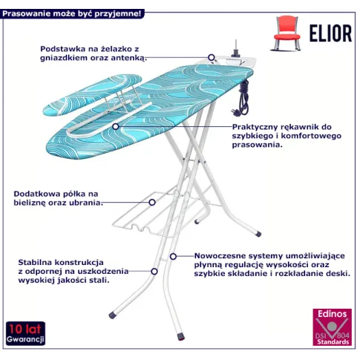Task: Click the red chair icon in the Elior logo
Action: click(x=287, y=33)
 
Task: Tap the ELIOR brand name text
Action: click(x=330, y=33)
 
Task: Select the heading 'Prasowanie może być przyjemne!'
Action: click(x=72, y=13)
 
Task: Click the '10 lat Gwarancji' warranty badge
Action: click(x=25, y=333)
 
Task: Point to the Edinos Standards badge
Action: click(x=332, y=327)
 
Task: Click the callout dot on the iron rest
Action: click(x=211, y=57)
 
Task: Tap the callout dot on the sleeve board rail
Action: click(x=116, y=127)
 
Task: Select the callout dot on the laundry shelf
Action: click(x=152, y=203)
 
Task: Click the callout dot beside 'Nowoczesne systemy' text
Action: click(x=173, y=256)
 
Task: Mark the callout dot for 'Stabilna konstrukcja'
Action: click(x=154, y=272)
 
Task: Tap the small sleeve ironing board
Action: click(x=92, y=95)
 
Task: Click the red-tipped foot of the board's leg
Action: click(x=181, y=336)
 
